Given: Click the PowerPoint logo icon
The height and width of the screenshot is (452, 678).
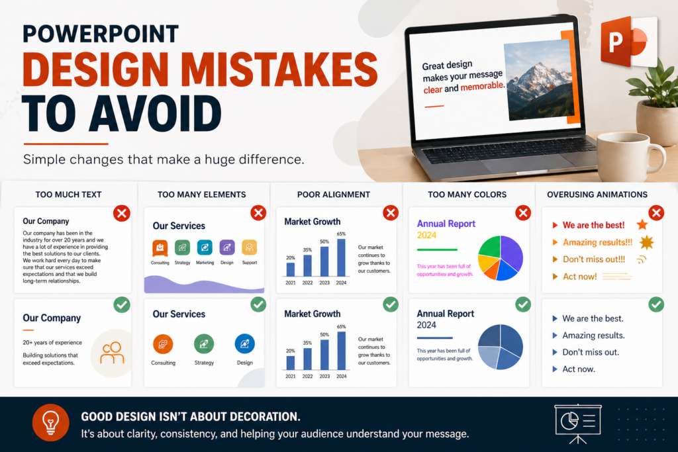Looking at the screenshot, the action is (x=629, y=42).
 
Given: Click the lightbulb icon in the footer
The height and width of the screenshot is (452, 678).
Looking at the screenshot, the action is (x=50, y=423).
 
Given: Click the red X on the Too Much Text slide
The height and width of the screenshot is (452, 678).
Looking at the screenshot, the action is (x=122, y=213).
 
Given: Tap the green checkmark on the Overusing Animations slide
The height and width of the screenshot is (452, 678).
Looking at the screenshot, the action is (x=656, y=304).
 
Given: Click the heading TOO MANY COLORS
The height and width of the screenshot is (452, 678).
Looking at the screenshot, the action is (x=467, y=195).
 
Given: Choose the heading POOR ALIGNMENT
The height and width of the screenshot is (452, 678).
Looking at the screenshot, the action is (x=334, y=195).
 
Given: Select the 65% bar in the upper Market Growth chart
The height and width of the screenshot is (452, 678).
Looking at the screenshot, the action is (x=341, y=257).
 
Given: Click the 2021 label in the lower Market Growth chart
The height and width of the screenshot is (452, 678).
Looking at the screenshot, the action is (x=291, y=377).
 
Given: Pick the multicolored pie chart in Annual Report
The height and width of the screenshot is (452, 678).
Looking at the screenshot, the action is (x=501, y=258).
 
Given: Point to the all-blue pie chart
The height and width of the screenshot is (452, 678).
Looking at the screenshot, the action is (x=501, y=347).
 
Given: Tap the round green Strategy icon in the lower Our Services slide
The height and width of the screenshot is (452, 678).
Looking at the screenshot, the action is (x=204, y=344).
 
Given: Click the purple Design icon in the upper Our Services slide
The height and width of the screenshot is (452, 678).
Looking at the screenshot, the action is (x=227, y=248).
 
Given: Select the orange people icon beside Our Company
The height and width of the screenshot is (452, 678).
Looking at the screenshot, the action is (x=112, y=353).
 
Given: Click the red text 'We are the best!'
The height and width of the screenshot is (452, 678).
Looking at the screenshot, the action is (x=593, y=225).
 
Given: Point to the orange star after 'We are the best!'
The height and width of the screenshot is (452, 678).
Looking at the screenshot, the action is (x=642, y=224).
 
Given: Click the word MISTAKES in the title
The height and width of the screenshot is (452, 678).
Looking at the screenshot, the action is (x=279, y=69).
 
